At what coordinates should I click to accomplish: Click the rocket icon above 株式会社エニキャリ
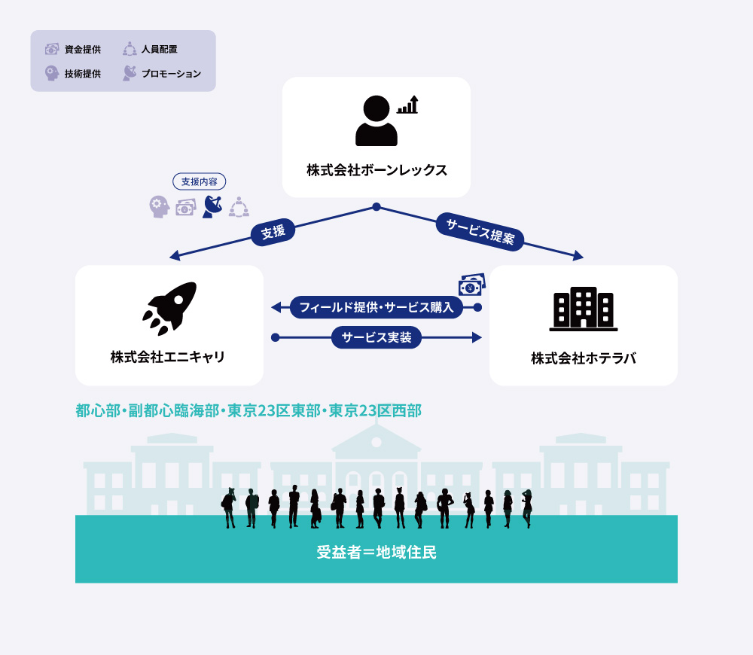169,308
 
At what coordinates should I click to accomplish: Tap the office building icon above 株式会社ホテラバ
584,309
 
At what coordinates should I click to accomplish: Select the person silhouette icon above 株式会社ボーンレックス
376,120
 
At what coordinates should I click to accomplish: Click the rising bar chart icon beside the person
407,105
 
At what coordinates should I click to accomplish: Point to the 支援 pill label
273,232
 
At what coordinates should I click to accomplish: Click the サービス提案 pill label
480,231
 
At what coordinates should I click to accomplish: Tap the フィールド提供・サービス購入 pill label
376,307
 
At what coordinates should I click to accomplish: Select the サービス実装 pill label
376,337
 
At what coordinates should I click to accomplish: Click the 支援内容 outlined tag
200,181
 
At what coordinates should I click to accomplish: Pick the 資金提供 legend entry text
83,50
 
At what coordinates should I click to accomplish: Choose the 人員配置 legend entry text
160,49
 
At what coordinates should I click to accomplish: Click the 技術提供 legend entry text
83,74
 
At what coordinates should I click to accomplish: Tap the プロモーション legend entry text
171,74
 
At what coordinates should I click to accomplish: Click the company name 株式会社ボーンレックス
377,170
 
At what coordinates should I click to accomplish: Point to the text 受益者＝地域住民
376,553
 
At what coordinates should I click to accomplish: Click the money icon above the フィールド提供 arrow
472,285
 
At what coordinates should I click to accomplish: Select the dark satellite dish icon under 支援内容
212,207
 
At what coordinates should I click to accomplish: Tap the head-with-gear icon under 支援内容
160,207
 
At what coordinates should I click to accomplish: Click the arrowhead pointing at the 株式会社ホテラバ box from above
578,255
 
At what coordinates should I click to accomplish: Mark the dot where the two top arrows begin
376,207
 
